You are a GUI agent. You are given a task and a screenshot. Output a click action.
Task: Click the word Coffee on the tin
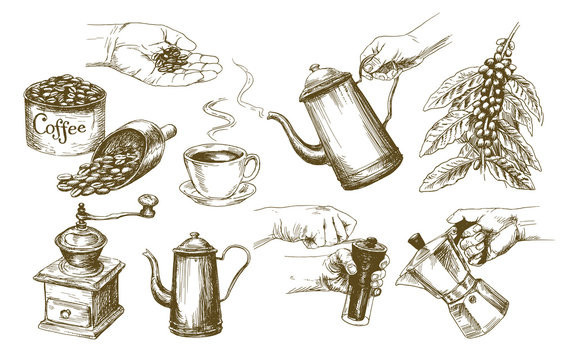tap(59, 127)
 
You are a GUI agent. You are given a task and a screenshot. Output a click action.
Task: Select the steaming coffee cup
tap(219, 167)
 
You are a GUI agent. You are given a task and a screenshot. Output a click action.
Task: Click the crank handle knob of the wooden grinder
tap(149, 208)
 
